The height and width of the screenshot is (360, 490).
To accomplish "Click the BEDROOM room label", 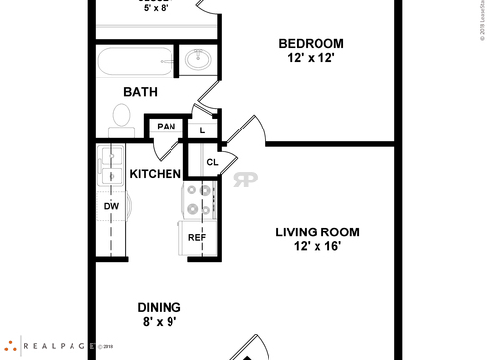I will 311,43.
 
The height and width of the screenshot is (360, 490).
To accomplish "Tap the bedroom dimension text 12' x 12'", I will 311,58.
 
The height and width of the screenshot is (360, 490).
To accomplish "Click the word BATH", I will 141,92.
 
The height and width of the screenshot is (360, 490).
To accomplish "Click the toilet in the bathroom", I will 122,118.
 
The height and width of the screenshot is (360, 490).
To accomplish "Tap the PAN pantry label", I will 167,127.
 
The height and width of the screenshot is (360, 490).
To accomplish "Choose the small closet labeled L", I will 202,129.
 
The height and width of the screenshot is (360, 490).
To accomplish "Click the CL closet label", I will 211,162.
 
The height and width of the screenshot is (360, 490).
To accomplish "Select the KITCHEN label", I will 156,175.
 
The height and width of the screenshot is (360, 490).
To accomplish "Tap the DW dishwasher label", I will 111,207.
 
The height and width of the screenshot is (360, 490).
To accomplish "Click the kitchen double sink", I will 110,167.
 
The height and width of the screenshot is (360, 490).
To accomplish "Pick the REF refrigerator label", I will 197,238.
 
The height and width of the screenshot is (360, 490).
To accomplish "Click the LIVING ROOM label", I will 317,232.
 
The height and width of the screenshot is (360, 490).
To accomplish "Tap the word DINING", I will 159,307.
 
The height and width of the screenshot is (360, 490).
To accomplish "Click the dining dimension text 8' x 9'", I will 159,322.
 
